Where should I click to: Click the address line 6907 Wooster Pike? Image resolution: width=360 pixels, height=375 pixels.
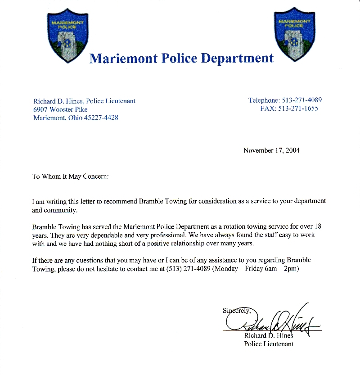pyautogui.click(x=60, y=109)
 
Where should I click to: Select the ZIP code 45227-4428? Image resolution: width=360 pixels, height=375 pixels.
pyautogui.click(x=101, y=118)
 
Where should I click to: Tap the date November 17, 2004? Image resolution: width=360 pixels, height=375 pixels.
pyautogui.click(x=271, y=150)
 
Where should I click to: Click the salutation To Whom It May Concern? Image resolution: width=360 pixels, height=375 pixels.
pyautogui.click(x=70, y=176)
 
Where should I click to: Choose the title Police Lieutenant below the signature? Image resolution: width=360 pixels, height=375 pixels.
pyautogui.click(x=269, y=344)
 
